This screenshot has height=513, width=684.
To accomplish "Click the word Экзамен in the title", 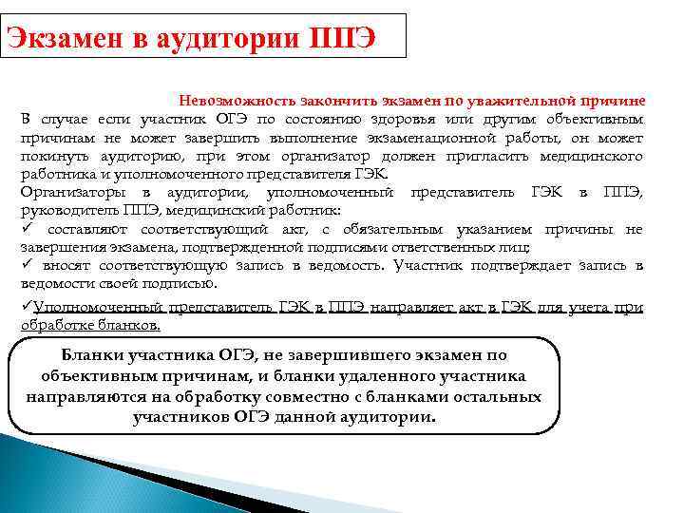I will point(58,38).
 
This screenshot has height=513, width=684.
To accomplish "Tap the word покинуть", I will point(51,156).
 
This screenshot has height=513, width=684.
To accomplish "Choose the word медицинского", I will point(592,156).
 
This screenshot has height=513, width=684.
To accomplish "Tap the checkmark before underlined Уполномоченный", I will point(26,307).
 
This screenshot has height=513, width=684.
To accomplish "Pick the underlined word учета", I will point(597,308).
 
